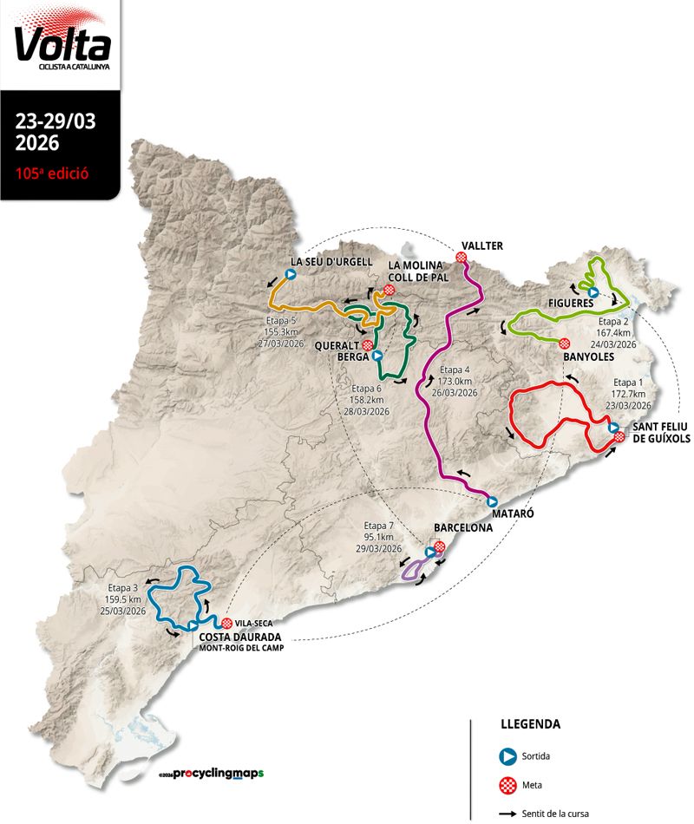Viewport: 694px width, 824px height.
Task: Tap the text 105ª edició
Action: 52,172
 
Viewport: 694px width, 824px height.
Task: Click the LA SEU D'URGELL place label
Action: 331,262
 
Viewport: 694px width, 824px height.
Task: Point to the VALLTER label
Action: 482,245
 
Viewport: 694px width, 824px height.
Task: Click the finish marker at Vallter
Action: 462,258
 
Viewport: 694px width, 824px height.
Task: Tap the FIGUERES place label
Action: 570,303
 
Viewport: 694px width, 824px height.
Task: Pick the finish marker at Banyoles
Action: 564,342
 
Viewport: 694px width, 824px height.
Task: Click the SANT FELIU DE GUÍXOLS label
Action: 661,433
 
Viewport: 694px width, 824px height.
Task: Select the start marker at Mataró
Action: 492,501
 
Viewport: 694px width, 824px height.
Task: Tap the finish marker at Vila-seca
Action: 226,624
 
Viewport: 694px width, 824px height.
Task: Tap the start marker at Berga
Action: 376,355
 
